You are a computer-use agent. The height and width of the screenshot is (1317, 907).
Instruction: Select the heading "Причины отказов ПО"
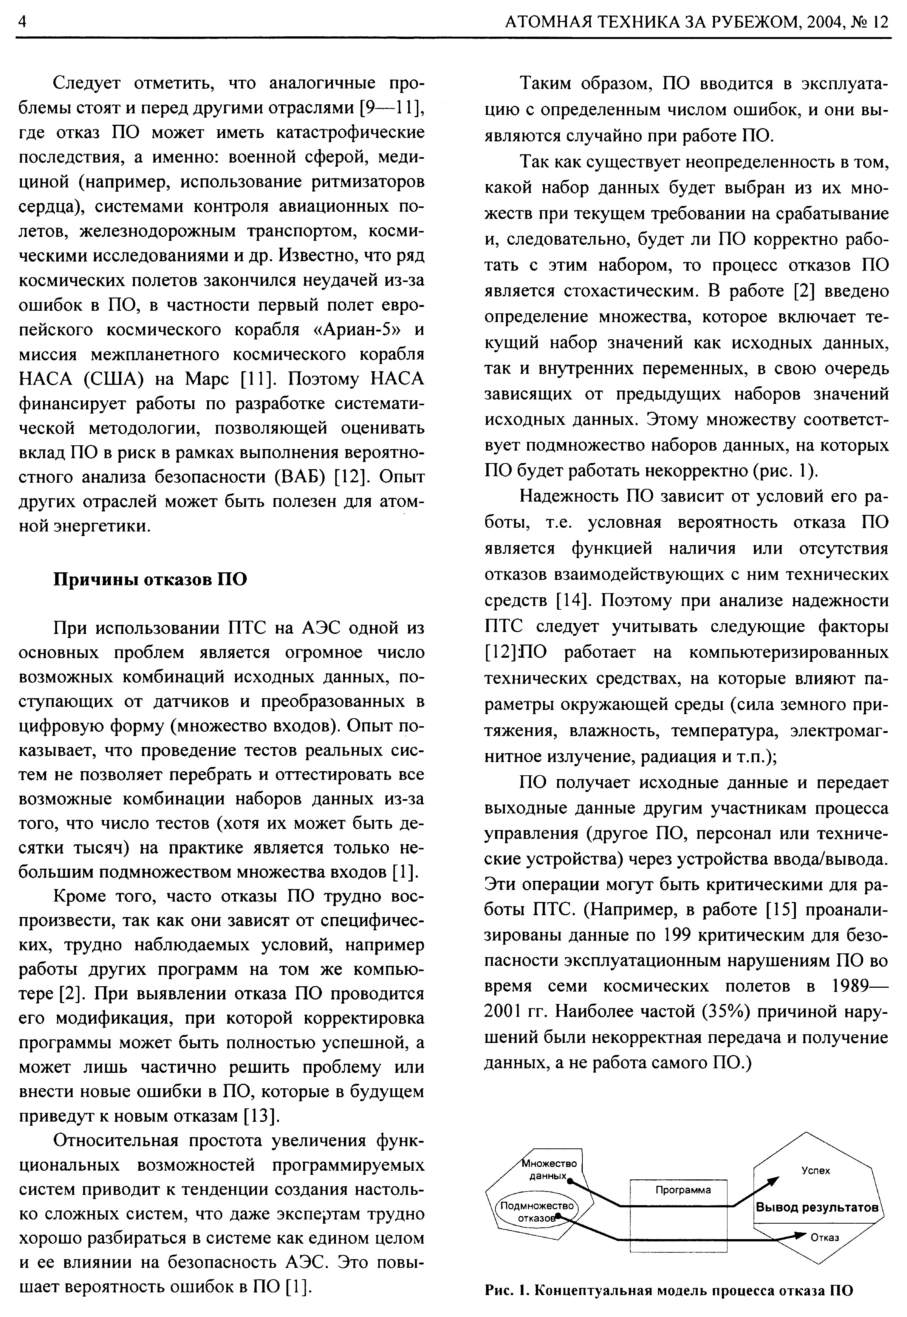tap(150, 579)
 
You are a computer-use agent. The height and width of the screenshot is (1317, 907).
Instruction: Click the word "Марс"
tap(209, 378)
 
